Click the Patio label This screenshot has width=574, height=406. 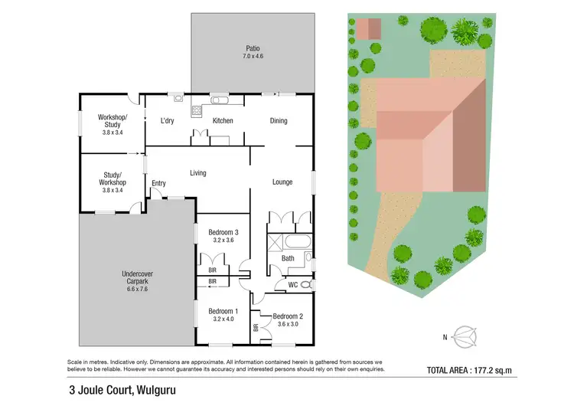tap(252, 47)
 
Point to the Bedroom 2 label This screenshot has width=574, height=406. tap(289, 316)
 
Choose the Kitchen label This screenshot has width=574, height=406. tap(223, 121)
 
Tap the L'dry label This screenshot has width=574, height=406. tap(168, 121)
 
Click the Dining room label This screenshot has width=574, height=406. tap(278, 121)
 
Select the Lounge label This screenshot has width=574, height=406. tap(282, 182)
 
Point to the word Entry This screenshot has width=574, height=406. tap(159, 183)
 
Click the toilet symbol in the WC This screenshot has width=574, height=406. tap(305, 285)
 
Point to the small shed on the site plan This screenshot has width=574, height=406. tap(367, 29)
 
